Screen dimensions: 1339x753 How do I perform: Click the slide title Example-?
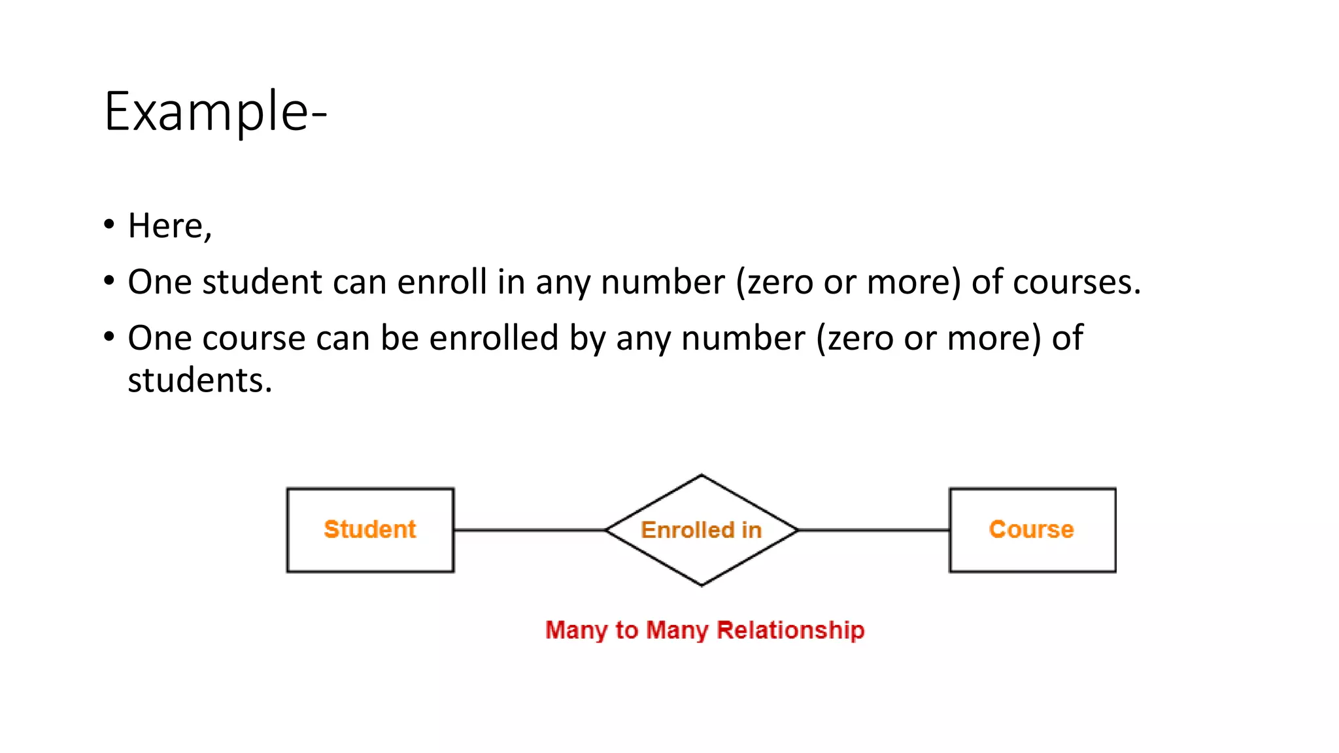[x=215, y=112]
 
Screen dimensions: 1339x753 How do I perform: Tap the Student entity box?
[x=370, y=530]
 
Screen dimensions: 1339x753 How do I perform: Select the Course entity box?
[x=1032, y=530]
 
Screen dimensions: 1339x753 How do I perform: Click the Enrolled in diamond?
[x=702, y=530]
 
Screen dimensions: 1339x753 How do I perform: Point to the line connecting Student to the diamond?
[x=530, y=530]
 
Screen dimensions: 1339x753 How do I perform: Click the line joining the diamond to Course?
[x=873, y=530]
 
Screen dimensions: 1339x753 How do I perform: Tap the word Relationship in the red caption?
[x=790, y=630]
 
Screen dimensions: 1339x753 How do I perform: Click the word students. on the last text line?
[x=199, y=380]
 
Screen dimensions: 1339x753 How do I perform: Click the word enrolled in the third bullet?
[x=494, y=339]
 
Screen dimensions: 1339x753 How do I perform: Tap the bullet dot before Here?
[x=109, y=225]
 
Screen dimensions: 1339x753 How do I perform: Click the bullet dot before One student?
[x=109, y=281]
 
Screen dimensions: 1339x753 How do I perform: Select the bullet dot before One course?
[x=109, y=337]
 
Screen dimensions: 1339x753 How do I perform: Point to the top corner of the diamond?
[x=702, y=476]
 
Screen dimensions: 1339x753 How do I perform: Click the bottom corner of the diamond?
[x=702, y=585]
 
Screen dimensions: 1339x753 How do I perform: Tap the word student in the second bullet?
[x=262, y=282]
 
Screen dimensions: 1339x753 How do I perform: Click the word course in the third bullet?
[x=254, y=339]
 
